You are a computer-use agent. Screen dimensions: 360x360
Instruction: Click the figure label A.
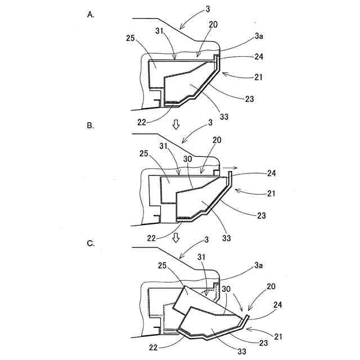coord(91,15)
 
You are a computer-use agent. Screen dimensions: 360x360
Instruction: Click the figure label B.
coord(91,126)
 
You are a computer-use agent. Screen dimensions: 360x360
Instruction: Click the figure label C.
coord(91,244)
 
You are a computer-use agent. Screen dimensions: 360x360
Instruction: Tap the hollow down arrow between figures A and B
coord(176,124)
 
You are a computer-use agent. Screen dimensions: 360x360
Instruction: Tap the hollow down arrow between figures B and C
coord(176,238)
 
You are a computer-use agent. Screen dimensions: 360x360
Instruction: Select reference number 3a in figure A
coord(259,36)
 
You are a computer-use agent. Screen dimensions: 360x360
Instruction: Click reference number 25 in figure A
coord(131,39)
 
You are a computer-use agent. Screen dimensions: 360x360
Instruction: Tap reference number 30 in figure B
coord(188,159)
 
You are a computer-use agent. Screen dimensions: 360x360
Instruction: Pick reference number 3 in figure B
coord(210,122)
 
